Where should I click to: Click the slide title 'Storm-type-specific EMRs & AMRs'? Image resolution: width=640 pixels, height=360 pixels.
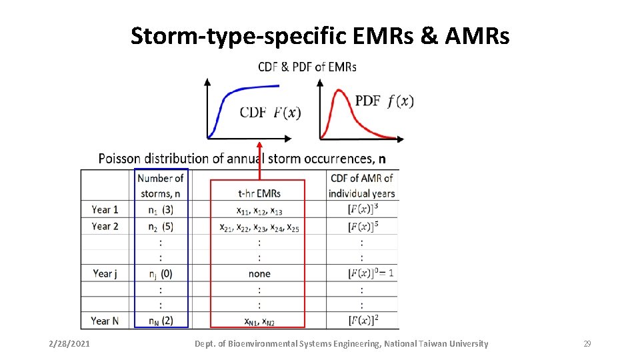pyautogui.click(x=320, y=36)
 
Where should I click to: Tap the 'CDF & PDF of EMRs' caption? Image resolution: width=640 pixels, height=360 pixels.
pyautogui.click(x=307, y=67)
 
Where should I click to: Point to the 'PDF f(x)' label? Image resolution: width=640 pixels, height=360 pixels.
pyautogui.click(x=384, y=101)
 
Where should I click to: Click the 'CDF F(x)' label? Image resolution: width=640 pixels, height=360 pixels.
pyautogui.click(x=270, y=112)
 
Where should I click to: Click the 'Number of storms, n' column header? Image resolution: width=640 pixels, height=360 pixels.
pyautogui.click(x=160, y=185)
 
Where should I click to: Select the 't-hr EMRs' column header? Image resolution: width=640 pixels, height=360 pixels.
pyautogui.click(x=259, y=193)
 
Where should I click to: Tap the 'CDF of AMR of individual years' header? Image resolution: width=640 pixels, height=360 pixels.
pyautogui.click(x=362, y=185)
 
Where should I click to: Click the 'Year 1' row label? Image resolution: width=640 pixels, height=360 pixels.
pyautogui.click(x=105, y=209)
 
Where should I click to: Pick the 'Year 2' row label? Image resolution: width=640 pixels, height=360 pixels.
pyautogui.click(x=105, y=226)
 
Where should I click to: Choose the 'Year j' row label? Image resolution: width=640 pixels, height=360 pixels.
pyautogui.click(x=105, y=273)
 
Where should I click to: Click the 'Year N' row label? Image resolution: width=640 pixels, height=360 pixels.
pyautogui.click(x=105, y=321)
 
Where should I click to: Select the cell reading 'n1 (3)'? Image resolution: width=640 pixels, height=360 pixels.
pyautogui.click(x=160, y=209)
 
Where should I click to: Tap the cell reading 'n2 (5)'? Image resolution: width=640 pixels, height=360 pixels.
pyautogui.click(x=160, y=226)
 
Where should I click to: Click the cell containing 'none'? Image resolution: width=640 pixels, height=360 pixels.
pyautogui.click(x=259, y=273)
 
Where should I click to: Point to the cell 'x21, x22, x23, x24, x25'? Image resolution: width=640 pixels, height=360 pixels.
pyautogui.click(x=259, y=227)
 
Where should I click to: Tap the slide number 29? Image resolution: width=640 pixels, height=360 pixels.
pyautogui.click(x=587, y=344)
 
